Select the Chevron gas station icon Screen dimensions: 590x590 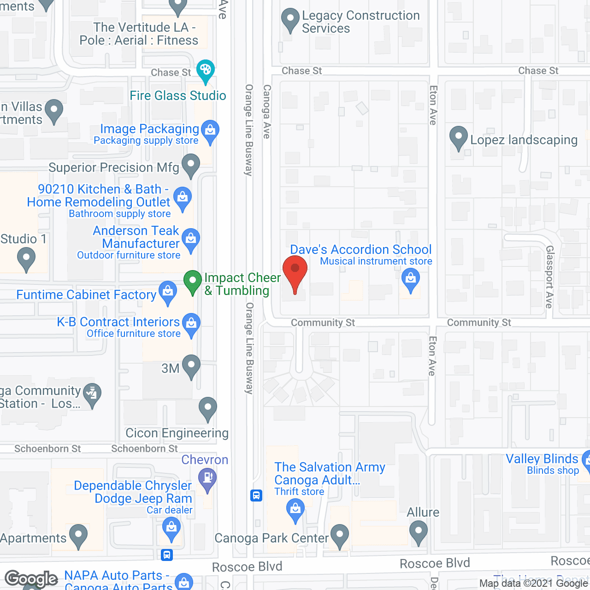pyautogui.click(x=207, y=478)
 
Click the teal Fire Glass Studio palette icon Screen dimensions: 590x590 pyautogui.click(x=206, y=71)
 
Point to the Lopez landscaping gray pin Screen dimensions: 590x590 pyautogui.click(x=458, y=137)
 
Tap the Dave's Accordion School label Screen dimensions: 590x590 pyautogui.click(x=360, y=250)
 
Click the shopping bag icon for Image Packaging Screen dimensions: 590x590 pyautogui.click(x=210, y=130)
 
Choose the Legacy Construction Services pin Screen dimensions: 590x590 pyautogui.click(x=290, y=19)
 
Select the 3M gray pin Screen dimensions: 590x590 pyautogui.click(x=191, y=366)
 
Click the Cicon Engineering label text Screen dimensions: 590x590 pyautogui.click(x=177, y=433)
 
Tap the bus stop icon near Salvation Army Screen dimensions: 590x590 pyautogui.click(x=256, y=496)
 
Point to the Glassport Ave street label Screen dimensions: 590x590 pyautogui.click(x=549, y=277)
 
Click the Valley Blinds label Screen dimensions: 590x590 pyautogui.click(x=542, y=459)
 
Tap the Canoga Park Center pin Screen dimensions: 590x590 pyautogui.click(x=340, y=535)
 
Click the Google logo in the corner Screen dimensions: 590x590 pyautogui.click(x=31, y=579)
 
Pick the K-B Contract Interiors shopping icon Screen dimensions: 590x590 pyautogui.click(x=191, y=323)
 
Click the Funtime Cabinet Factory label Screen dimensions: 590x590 pyautogui.click(x=86, y=295)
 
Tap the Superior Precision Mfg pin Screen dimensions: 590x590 pyautogui.click(x=191, y=165)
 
